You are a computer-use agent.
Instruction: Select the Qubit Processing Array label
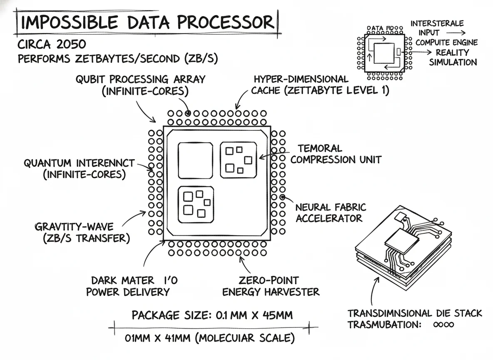[140, 85]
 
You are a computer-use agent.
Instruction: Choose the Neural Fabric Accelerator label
[330, 212]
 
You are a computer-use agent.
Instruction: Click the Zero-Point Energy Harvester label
[271, 286]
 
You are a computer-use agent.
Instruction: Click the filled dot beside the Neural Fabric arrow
[282, 197]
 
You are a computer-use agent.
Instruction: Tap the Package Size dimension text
[212, 315]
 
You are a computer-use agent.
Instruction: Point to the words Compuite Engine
[446, 42]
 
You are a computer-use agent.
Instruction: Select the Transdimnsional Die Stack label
[415, 313]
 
